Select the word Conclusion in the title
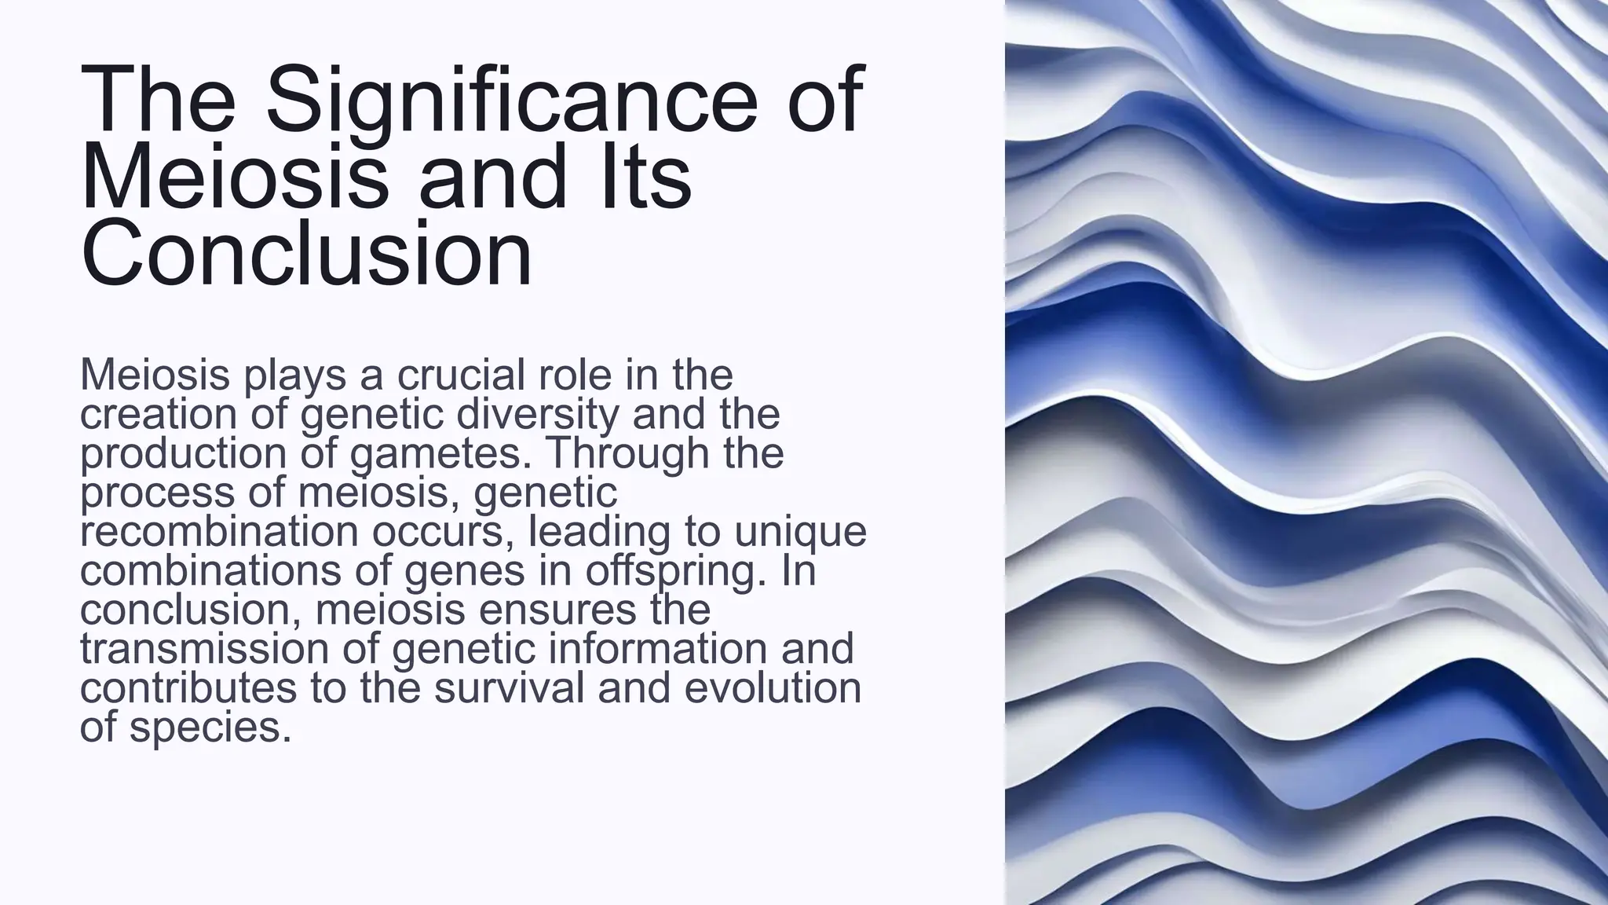[x=306, y=253]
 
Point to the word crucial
[x=460, y=375]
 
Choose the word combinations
[x=210, y=570]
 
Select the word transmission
[x=205, y=649]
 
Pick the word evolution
[x=773, y=688]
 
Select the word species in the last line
[x=210, y=727]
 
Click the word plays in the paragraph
[x=295, y=375]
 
